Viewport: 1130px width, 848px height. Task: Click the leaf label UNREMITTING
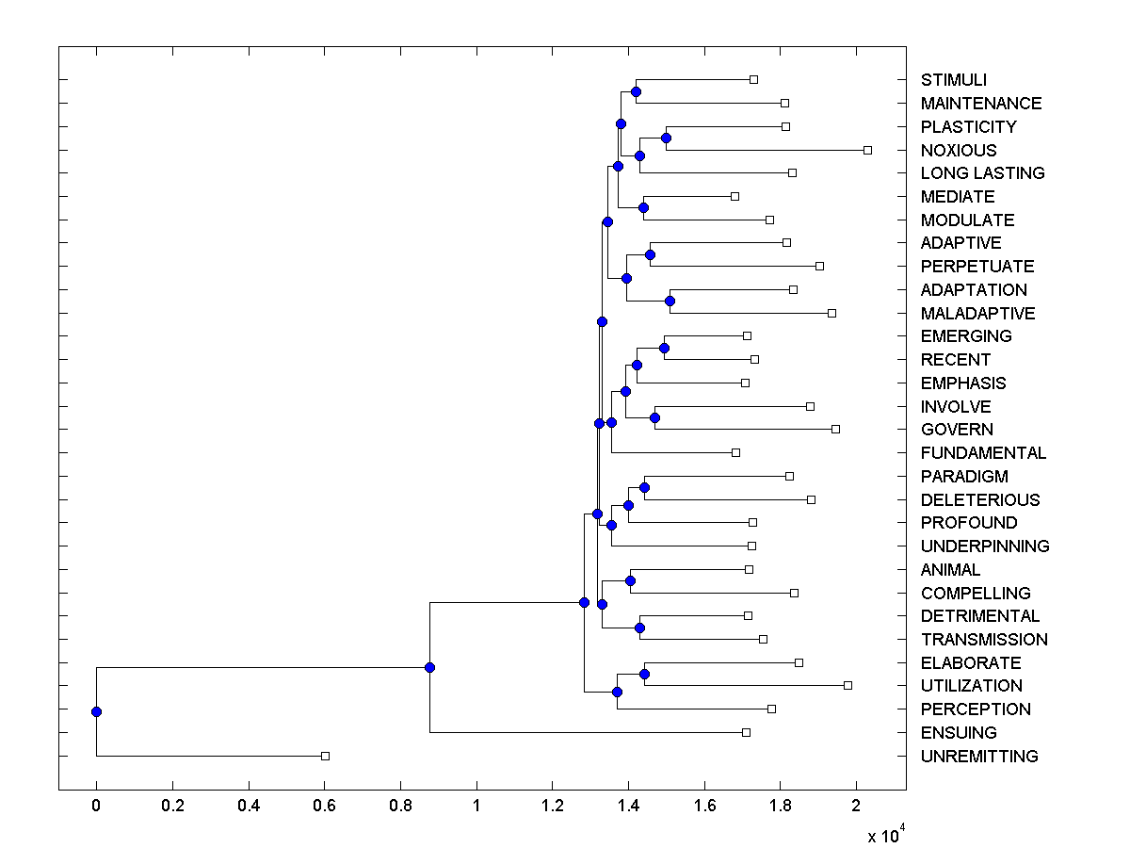pos(979,757)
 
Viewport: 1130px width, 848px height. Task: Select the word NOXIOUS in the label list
pos(959,151)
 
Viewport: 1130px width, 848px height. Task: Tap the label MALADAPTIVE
pos(977,314)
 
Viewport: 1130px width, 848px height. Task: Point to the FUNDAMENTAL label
pos(983,453)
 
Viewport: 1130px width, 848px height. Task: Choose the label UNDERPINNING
pos(985,546)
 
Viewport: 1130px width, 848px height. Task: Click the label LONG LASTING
pos(982,173)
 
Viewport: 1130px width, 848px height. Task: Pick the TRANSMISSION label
pos(984,640)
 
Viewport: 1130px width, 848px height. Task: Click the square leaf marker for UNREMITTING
pos(325,756)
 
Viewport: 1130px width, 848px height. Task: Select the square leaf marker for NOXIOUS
pos(868,150)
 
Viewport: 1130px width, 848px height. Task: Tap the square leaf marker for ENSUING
pos(746,732)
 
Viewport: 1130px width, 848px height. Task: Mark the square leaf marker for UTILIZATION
pos(847,685)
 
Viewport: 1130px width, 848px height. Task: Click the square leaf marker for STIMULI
pos(753,79)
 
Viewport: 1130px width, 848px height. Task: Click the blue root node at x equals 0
pos(96,711)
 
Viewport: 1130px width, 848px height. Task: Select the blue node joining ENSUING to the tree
pos(429,667)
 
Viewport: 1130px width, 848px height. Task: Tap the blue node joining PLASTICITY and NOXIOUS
pos(666,138)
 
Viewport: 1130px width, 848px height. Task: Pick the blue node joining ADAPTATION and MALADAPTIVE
pos(670,301)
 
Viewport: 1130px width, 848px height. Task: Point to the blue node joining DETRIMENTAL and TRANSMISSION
pos(639,628)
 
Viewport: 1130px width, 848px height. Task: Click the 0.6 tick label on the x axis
pos(325,807)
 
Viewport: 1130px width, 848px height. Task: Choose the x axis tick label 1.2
pos(553,807)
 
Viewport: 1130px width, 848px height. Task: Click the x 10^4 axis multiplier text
pos(884,834)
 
